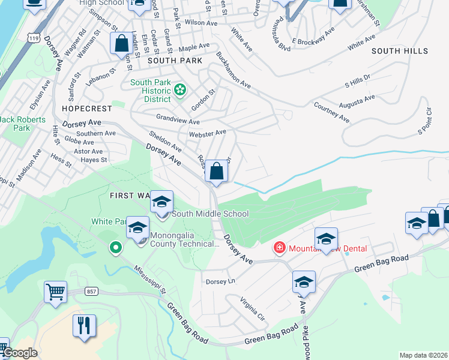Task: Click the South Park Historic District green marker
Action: coord(179,91)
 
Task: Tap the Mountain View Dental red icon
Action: coord(279,247)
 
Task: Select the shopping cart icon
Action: coord(55,292)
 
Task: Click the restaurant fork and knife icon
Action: coord(84,325)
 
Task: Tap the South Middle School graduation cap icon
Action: coord(161,202)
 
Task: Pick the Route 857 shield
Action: coord(91,291)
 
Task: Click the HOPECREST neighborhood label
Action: coord(87,109)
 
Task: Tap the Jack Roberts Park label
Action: coord(23,124)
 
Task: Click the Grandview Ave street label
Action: coord(178,119)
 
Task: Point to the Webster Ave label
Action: coord(207,133)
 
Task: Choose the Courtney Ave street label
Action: coord(331,112)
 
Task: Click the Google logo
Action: coord(20,353)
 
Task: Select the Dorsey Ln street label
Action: coord(220,281)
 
